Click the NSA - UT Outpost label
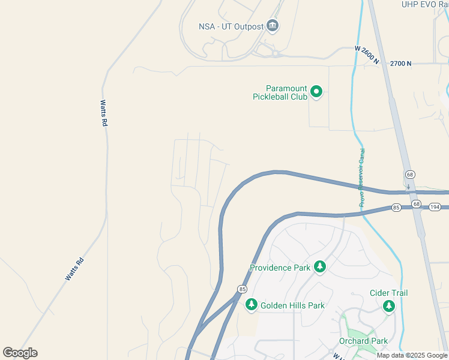(x=231, y=26)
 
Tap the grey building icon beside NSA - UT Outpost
(x=273, y=25)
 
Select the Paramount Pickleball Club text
(x=280, y=92)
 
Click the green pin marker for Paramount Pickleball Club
(x=316, y=92)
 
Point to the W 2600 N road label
(x=367, y=55)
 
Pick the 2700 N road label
(x=400, y=63)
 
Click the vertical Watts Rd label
(x=104, y=113)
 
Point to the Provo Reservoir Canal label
(x=362, y=178)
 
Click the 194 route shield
(x=436, y=206)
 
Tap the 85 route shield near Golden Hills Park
(x=242, y=289)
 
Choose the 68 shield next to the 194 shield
(x=417, y=205)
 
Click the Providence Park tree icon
(x=320, y=267)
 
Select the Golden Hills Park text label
(x=292, y=305)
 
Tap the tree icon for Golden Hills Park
(x=251, y=305)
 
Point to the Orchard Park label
(x=363, y=341)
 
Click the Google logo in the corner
(x=20, y=353)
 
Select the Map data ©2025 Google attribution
(x=412, y=355)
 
